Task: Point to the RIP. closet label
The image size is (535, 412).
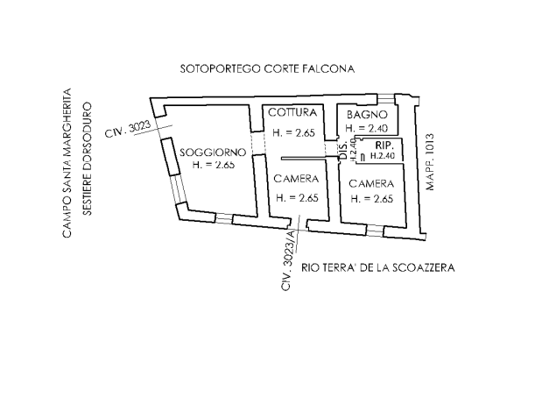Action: coord(383,145)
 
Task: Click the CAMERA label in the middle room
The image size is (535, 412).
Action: coord(295,179)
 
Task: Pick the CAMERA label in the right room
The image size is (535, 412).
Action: coord(371,184)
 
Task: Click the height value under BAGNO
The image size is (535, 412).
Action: coord(365,129)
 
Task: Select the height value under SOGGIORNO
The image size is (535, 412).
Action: coord(209,165)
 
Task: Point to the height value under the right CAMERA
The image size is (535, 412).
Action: coord(371,199)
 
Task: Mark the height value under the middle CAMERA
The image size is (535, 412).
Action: coord(295,198)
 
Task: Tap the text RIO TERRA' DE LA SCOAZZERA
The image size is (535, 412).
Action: coord(377,268)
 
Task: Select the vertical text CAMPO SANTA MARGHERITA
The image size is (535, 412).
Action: coord(67,163)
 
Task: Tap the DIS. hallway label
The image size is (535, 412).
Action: coord(341,151)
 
